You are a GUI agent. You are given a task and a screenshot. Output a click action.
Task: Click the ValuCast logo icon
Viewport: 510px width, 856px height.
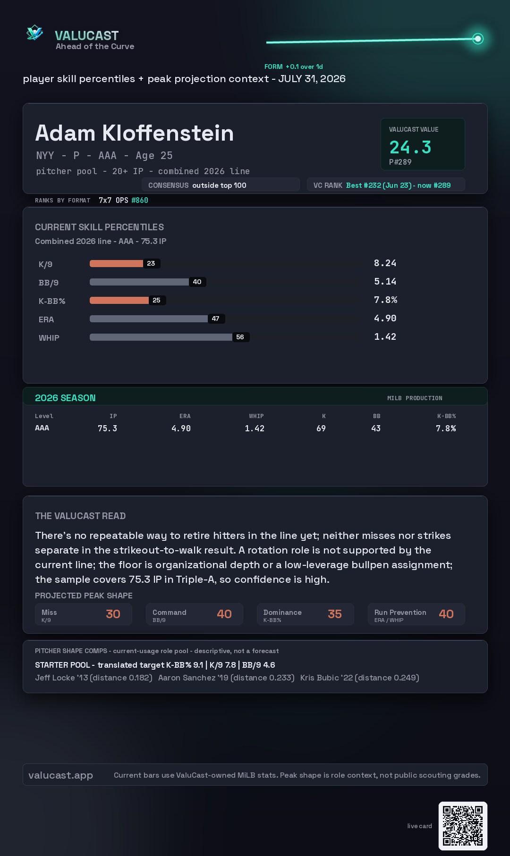(x=34, y=33)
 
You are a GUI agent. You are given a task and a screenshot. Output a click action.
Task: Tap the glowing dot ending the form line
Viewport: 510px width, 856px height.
(x=478, y=39)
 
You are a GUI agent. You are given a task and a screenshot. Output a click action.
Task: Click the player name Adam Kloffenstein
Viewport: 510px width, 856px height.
(x=135, y=133)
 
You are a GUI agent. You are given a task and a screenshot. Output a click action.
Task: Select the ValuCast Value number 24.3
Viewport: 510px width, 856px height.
(x=410, y=147)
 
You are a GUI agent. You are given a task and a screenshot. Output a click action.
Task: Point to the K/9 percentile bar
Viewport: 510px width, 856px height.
(x=116, y=263)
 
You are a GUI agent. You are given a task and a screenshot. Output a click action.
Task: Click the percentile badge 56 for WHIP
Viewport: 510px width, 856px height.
(x=240, y=337)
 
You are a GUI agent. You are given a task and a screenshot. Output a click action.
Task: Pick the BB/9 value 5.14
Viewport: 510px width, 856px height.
(x=385, y=282)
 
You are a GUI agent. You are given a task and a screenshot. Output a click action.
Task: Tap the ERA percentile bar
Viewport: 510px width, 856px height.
(x=149, y=319)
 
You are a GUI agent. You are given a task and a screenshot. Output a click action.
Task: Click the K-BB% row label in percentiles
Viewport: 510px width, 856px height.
(x=52, y=301)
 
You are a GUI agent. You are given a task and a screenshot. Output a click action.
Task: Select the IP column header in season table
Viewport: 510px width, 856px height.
(x=113, y=416)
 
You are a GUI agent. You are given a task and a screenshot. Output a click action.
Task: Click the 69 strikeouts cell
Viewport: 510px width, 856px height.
(x=321, y=428)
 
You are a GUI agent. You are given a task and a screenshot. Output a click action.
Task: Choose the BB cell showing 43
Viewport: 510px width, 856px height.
(x=376, y=428)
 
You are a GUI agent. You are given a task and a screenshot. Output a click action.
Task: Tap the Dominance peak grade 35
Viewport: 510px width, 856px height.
(x=335, y=614)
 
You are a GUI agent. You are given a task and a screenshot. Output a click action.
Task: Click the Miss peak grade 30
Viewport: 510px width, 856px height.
(x=113, y=614)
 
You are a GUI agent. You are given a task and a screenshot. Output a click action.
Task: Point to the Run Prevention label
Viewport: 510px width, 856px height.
(x=400, y=613)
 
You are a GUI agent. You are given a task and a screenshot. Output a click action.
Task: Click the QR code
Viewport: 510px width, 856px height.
(x=463, y=826)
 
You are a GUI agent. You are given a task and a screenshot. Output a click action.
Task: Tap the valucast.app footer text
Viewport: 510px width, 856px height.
(x=60, y=775)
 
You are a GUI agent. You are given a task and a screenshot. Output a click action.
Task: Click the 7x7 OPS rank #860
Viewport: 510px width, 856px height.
(x=140, y=200)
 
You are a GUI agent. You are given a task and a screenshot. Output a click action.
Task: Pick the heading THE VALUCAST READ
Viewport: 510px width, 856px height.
(x=80, y=516)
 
